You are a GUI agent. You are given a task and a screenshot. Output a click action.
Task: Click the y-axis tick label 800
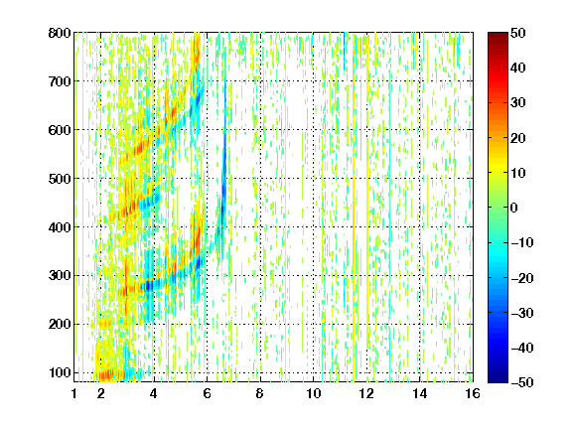coord(60,33)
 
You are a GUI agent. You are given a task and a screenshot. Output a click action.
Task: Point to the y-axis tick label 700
coord(60,81)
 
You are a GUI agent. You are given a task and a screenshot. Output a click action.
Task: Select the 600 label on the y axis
coord(60,130)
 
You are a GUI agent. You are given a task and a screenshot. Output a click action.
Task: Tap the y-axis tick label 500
coord(60,179)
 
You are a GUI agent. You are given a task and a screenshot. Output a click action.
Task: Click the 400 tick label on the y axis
coord(60,227)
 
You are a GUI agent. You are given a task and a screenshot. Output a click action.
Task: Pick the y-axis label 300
coord(60,276)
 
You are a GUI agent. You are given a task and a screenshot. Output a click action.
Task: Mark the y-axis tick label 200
coord(60,325)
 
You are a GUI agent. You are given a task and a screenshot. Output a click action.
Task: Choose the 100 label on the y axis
coord(60,372)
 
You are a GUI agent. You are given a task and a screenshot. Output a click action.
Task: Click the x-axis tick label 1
coord(74,393)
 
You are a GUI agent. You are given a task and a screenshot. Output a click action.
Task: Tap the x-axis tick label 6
coord(207,393)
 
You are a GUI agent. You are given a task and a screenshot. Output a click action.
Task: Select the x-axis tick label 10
coord(314,393)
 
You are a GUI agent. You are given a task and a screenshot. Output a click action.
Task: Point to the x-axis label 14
coord(420,393)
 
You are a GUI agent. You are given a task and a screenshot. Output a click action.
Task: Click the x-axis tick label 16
coord(473,393)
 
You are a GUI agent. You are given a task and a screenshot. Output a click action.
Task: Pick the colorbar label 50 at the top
coord(517,33)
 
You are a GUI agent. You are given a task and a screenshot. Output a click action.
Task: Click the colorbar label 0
coord(514,208)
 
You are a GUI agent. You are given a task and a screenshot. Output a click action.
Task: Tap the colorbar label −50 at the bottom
coord(522,382)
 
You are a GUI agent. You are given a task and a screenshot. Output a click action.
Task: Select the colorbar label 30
coord(517,103)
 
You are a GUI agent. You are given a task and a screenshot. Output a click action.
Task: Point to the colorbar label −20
coord(522,278)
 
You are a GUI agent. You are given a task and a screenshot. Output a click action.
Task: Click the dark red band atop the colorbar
coord(498,39)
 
